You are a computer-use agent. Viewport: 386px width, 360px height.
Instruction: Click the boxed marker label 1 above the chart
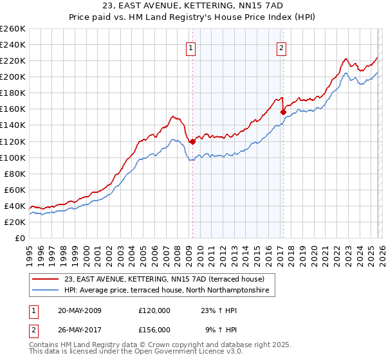tap(191, 47)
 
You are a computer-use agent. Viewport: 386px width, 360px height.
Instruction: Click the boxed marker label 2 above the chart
tap(282, 47)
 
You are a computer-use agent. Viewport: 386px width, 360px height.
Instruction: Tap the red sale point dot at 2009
tap(192, 141)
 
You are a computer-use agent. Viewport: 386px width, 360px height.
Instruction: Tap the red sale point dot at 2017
tap(283, 112)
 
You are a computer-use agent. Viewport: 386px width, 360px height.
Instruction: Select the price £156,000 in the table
tap(154, 329)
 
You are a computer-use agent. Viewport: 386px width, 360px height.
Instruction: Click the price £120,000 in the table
tap(154, 311)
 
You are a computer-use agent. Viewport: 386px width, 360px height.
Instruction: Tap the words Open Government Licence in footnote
tap(168, 354)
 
